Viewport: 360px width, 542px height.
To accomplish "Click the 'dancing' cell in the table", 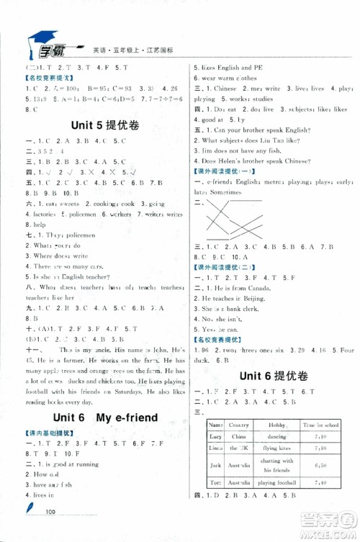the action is click(277, 436).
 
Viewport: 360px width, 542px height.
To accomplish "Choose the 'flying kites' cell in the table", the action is click(277, 448).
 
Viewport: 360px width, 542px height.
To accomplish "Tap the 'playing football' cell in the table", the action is click(277, 482).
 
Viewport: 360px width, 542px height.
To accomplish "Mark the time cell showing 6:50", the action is click(320, 465).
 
